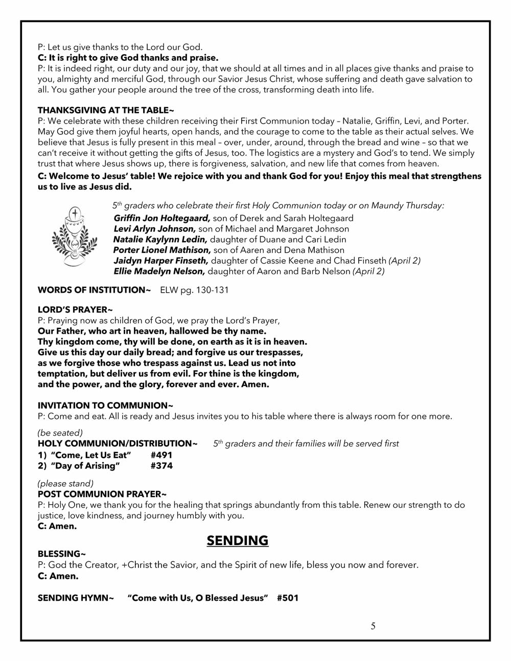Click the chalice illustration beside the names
tap(75, 236)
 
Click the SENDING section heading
tap(238, 540)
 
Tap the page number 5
tap(373, 626)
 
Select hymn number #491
tap(161, 455)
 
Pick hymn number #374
tap(161, 465)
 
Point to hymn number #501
tap(288, 598)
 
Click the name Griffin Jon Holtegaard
tap(162, 218)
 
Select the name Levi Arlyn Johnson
tap(155, 229)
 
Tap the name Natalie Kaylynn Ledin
tap(160, 240)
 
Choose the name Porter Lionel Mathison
tap(162, 250)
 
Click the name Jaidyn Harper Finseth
tap(161, 261)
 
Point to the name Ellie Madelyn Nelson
tap(159, 272)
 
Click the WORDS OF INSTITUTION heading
tap(94, 290)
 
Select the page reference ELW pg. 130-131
tap(195, 290)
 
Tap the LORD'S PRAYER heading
tap(75, 310)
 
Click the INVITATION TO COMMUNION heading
tap(105, 406)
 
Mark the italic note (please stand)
tap(65, 483)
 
